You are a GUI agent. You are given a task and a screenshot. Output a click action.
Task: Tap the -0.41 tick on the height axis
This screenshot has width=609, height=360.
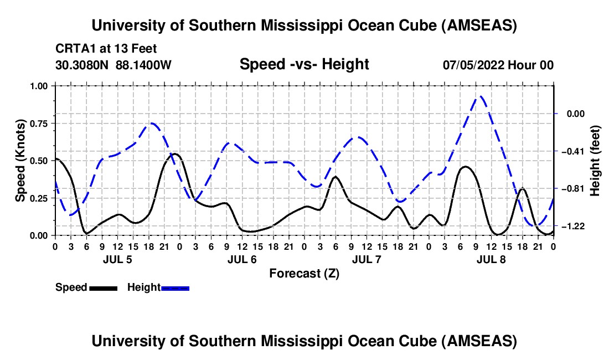(x=572, y=151)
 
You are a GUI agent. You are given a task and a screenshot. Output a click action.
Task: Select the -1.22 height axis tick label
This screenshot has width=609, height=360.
(x=572, y=227)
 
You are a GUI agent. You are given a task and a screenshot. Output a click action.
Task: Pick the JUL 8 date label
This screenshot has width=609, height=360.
(x=491, y=259)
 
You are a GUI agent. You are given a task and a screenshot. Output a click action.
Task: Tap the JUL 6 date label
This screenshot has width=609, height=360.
(x=241, y=259)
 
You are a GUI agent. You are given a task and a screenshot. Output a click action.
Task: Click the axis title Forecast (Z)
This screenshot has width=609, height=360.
(x=304, y=273)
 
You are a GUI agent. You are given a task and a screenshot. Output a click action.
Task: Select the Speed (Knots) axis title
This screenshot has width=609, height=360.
(x=20, y=161)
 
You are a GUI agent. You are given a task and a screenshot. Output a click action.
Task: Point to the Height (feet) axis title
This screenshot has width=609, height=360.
(x=595, y=161)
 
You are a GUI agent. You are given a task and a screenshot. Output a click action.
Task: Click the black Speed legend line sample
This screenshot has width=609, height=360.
(x=103, y=288)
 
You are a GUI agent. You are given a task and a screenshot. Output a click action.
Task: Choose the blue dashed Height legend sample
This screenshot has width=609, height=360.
(x=176, y=288)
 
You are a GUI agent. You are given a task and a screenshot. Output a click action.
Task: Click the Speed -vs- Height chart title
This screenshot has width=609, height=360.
(x=304, y=64)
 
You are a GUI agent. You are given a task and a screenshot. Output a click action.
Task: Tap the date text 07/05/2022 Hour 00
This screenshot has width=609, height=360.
(x=498, y=65)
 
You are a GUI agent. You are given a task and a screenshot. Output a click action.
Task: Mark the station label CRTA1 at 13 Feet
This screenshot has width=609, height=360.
(x=106, y=49)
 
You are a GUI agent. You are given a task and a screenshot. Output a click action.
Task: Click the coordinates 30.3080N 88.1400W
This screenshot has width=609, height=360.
(x=113, y=65)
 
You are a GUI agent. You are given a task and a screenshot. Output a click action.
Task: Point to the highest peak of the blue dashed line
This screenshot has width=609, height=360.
(x=481, y=96)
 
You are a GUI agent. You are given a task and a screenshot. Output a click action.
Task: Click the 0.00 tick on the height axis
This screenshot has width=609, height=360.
(x=572, y=114)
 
